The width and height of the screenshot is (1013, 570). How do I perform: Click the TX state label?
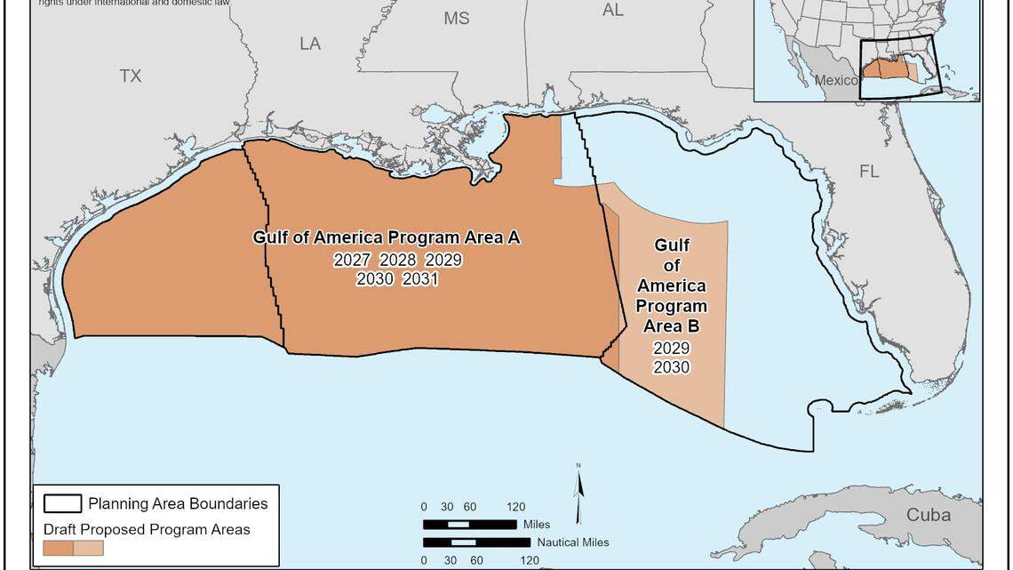click(x=131, y=76)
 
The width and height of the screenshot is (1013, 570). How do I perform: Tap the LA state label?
click(x=310, y=44)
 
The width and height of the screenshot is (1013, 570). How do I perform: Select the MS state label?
click(x=457, y=19)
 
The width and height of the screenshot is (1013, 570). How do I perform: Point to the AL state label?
click(x=613, y=11)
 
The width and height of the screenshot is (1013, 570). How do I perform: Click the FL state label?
click(x=869, y=172)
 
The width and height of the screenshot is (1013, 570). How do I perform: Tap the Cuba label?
click(x=929, y=515)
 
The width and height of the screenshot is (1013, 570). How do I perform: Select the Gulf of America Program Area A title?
click(x=386, y=237)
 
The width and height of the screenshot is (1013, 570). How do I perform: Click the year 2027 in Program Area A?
click(x=353, y=260)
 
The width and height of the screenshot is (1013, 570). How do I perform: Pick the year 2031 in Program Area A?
click(x=420, y=278)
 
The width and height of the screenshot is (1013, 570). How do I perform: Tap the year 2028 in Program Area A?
click(x=398, y=260)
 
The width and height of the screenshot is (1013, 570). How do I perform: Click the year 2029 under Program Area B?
click(x=671, y=349)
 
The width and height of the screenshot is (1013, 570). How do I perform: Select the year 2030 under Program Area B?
click(x=671, y=367)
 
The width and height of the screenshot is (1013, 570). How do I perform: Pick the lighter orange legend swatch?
click(x=89, y=548)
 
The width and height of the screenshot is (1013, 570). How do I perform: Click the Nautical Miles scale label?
click(x=573, y=542)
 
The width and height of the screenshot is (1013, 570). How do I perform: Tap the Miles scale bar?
click(x=469, y=525)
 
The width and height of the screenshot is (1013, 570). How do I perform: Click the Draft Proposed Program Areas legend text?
click(x=147, y=530)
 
